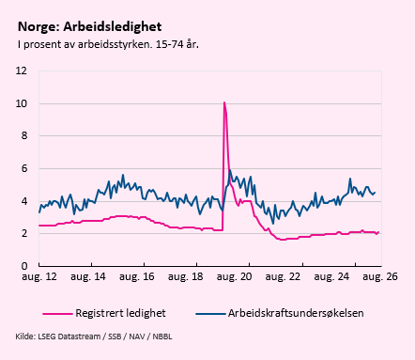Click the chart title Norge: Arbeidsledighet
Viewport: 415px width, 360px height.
90,27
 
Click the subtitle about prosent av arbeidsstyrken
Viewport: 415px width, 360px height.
108,44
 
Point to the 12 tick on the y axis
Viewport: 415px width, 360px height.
22,70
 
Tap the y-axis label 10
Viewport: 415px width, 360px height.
22,103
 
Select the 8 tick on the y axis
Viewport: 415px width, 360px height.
24,135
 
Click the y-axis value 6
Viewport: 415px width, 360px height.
24,168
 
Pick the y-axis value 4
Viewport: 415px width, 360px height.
24,201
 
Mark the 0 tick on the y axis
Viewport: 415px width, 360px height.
24,266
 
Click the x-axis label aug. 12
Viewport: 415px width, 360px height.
39,276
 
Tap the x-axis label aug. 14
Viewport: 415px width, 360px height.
88,276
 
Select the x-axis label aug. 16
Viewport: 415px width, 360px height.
137,276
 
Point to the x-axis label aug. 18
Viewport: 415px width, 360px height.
186,276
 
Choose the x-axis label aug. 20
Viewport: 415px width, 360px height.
234,276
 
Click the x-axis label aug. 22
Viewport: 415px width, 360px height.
283,276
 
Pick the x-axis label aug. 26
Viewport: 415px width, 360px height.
380,276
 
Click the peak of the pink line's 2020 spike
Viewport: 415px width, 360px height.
224,102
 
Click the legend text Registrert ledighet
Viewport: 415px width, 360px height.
120,313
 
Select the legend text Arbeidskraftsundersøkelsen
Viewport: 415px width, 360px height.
296,313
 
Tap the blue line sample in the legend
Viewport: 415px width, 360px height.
210,314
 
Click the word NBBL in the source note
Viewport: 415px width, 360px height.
162,337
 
